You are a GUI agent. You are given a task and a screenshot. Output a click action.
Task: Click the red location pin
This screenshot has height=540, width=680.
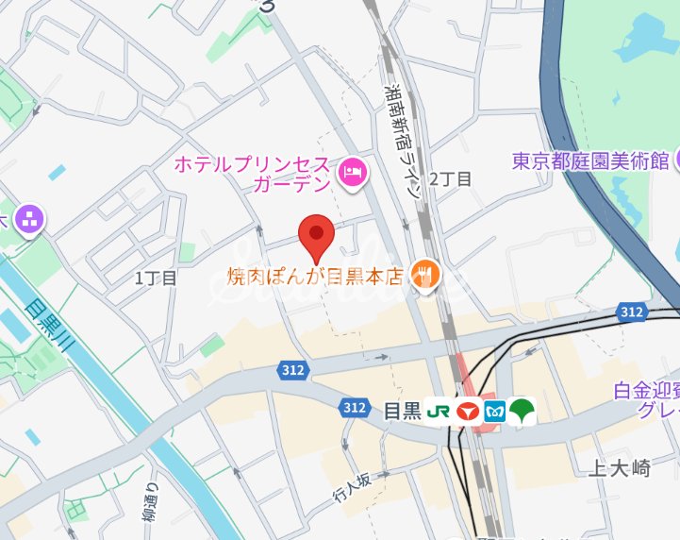315,236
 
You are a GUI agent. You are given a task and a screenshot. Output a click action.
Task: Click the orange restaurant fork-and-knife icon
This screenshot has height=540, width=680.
427,276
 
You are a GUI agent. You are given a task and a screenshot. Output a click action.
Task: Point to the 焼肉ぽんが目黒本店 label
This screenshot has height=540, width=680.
315,277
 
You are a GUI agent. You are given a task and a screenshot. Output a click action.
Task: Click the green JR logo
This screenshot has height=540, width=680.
439,412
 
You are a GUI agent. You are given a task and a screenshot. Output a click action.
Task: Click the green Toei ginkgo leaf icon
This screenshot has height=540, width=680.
522,412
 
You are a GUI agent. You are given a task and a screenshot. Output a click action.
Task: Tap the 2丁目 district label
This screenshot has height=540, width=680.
450,179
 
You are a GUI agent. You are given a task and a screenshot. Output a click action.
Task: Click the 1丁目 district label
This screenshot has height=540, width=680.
156,278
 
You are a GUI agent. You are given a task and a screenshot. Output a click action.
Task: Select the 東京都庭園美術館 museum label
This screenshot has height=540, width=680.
590,160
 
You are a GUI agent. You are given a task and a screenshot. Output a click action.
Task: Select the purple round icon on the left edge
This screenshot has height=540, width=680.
28,221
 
